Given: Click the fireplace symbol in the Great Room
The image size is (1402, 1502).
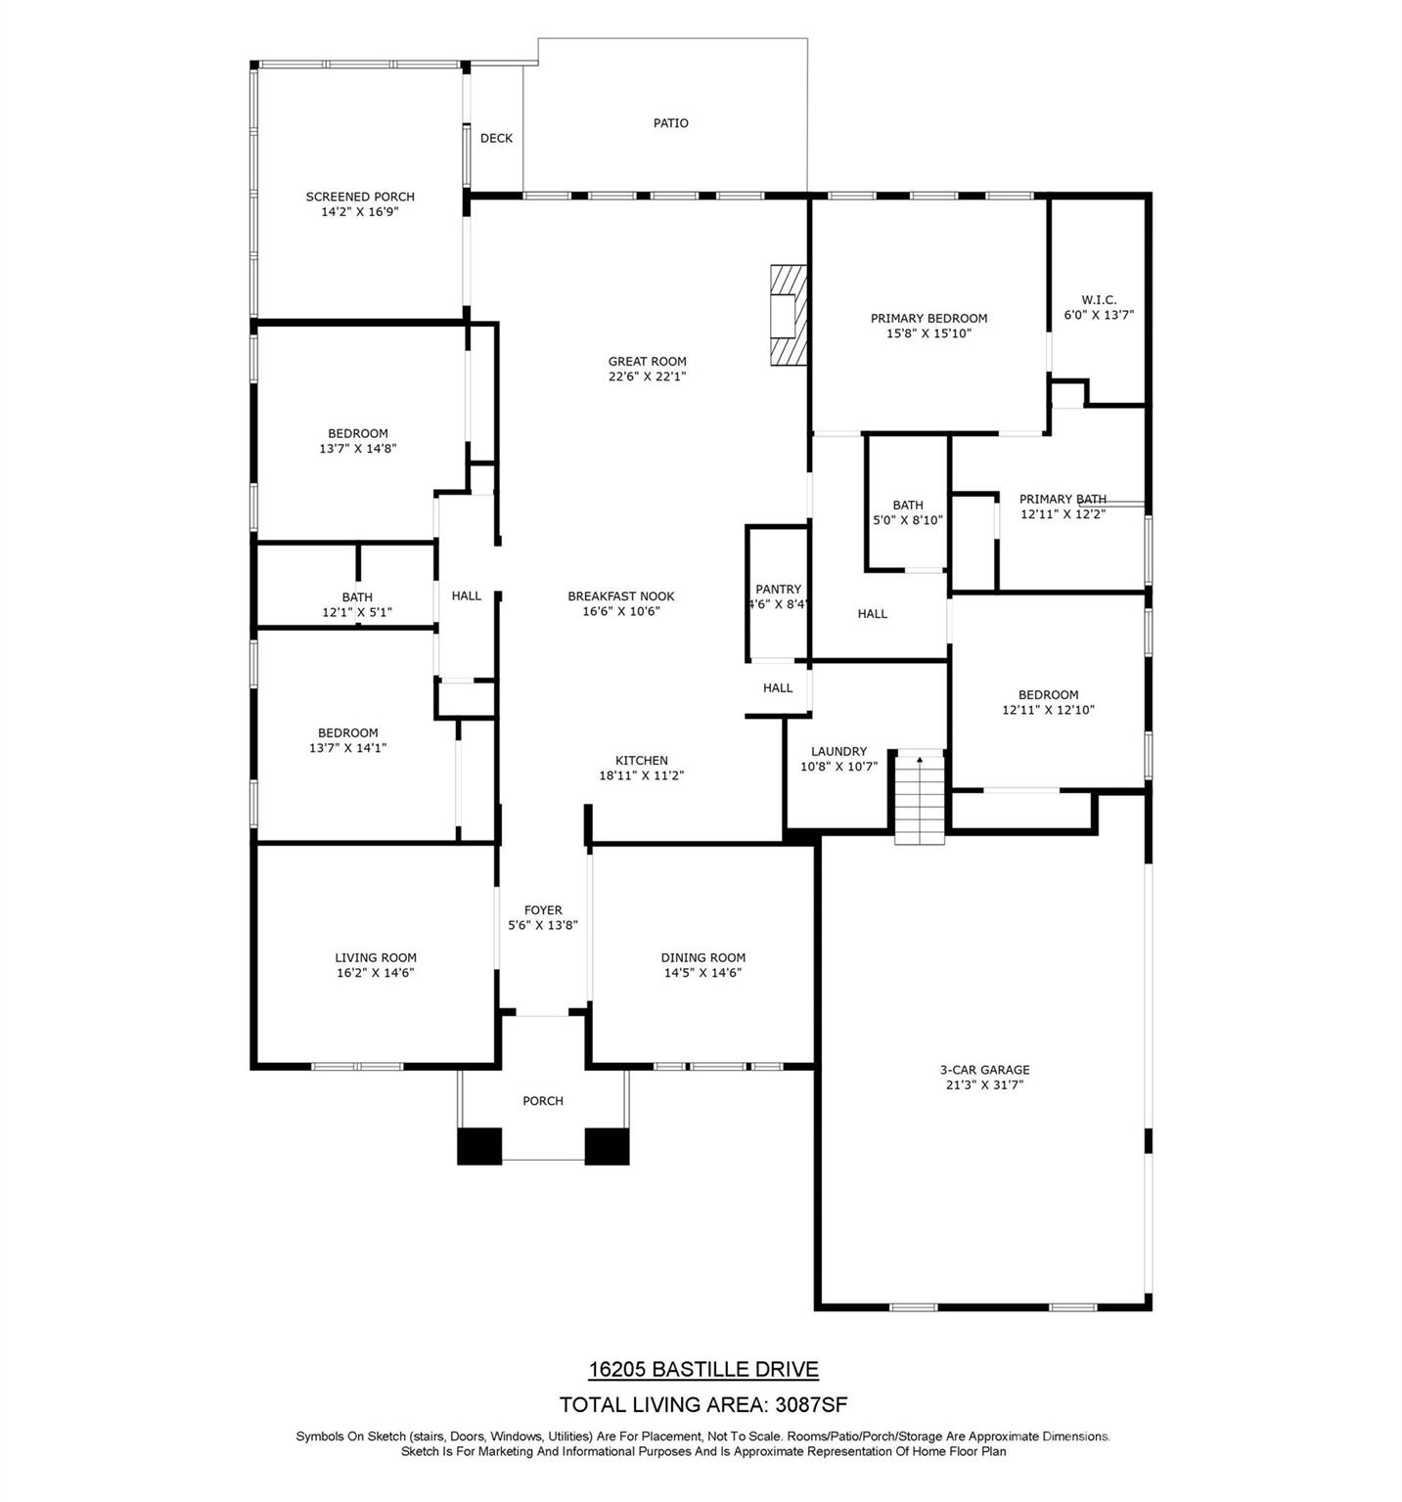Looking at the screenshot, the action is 789,315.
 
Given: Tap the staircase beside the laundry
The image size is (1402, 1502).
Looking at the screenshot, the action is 920,799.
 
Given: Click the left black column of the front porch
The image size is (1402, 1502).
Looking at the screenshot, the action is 479,1146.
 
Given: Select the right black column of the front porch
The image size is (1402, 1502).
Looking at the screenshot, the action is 607,1146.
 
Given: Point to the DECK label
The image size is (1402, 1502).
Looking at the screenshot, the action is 496,139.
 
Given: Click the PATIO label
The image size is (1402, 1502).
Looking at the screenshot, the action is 671,123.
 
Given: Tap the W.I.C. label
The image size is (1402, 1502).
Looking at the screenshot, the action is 1099,300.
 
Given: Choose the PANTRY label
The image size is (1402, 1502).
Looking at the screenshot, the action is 779,590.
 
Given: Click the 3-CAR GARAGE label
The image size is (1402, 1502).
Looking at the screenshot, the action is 984,1070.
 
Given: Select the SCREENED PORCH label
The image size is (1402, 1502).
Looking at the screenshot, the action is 360,197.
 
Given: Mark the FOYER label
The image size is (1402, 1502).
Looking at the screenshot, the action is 543,910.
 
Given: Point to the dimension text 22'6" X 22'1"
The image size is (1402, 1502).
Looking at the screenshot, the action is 648,376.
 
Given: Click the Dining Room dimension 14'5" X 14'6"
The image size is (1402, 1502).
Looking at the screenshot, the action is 702,973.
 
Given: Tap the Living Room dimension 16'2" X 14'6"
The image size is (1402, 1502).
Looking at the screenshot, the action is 376,973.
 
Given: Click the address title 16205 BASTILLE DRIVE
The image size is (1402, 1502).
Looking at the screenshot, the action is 703,1370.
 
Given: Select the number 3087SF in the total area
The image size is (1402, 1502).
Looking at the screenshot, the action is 811,1405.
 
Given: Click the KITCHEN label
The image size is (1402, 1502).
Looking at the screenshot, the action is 642,761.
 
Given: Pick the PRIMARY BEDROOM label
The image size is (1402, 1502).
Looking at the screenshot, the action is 929,319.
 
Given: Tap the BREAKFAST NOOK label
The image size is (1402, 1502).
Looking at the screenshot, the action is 621,596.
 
